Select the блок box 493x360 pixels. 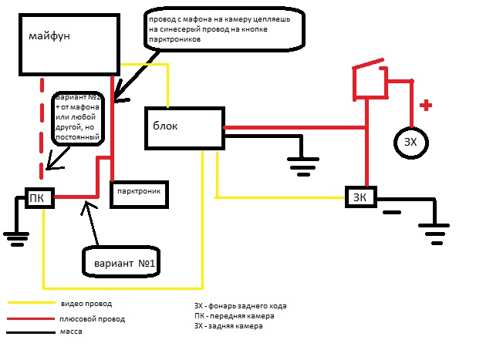tap(184, 127)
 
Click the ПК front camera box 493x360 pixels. tap(38, 198)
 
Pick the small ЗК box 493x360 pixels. tap(360, 198)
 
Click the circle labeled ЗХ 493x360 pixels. tap(410, 141)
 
